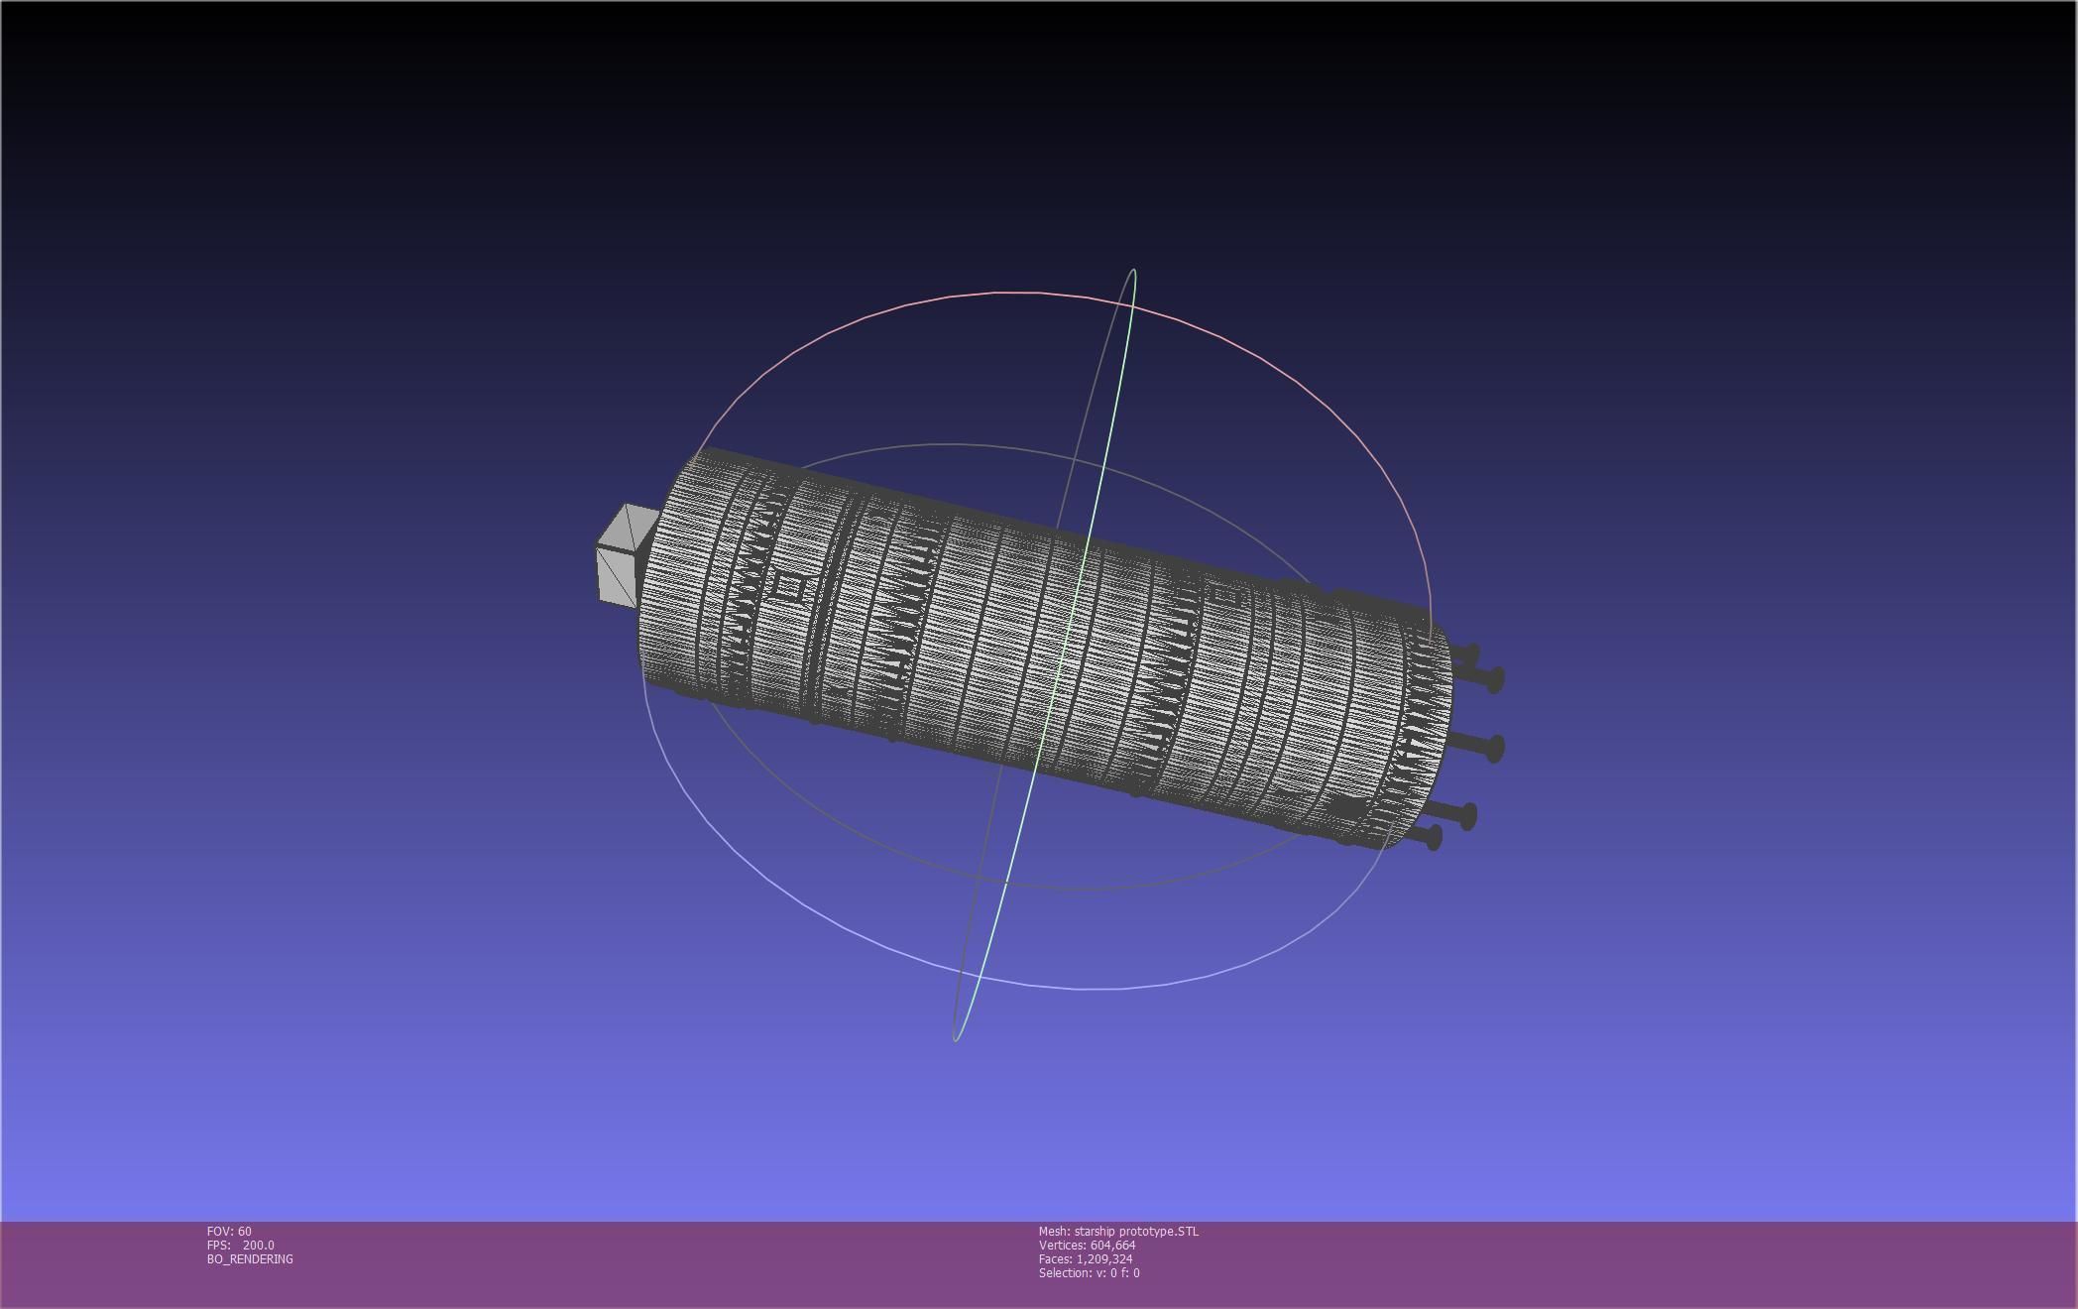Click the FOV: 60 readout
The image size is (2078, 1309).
(x=229, y=1231)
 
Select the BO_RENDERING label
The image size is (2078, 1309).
(x=250, y=1258)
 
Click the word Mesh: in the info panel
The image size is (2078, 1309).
(x=1054, y=1231)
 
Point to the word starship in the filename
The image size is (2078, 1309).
(x=1096, y=1231)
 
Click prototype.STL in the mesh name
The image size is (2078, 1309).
(x=1160, y=1231)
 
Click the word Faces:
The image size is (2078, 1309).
(x=1056, y=1258)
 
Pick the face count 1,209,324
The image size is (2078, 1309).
(x=1104, y=1258)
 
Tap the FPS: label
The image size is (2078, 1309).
(x=218, y=1245)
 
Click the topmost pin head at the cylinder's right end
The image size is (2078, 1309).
(x=1471, y=655)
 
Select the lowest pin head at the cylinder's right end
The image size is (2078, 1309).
(x=1434, y=838)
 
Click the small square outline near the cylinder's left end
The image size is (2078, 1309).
(x=789, y=588)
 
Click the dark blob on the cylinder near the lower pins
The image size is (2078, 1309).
(x=1345, y=808)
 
